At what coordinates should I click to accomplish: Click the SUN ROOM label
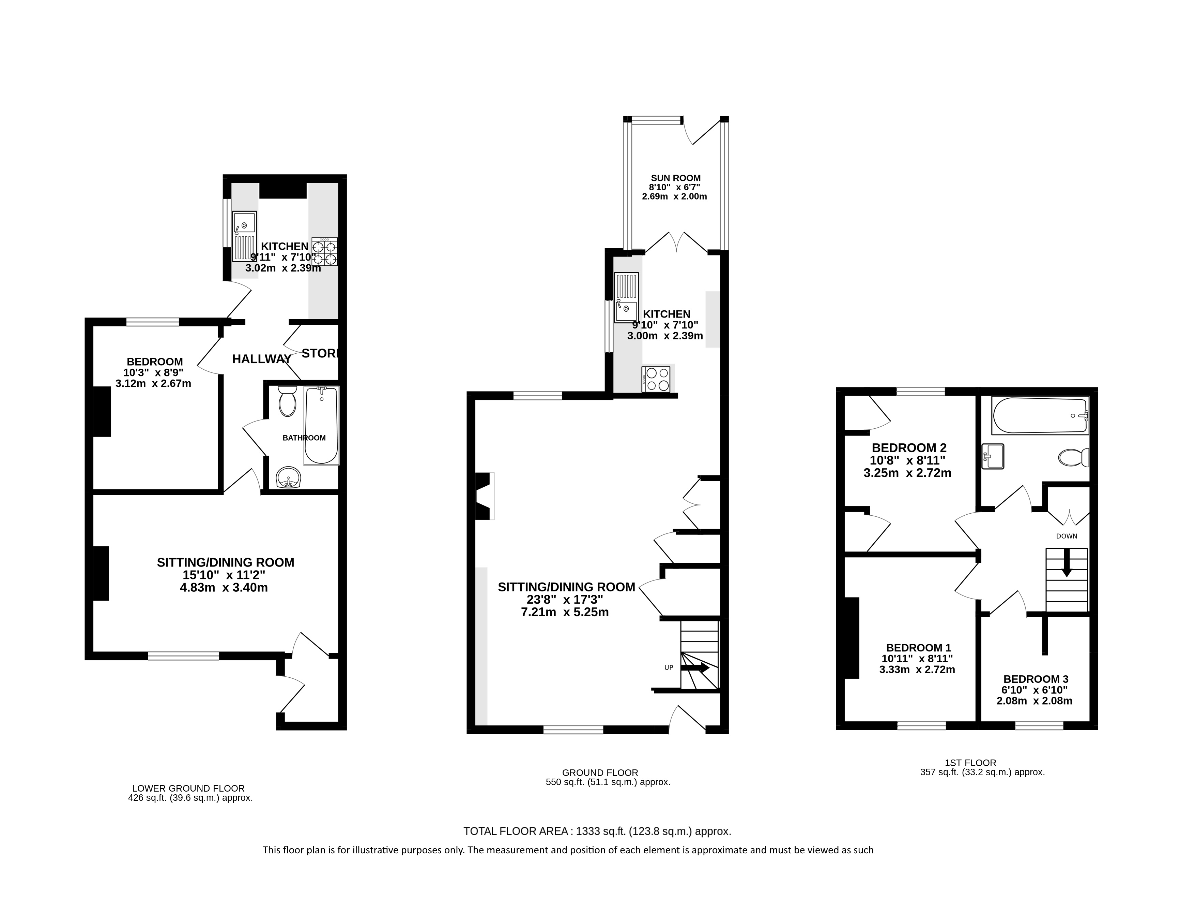(675, 178)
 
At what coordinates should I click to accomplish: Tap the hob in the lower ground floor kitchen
(325, 252)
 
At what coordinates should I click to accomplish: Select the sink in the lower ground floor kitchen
(244, 237)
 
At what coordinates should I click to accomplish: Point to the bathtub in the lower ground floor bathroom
(321, 426)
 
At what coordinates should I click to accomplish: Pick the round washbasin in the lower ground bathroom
(289, 477)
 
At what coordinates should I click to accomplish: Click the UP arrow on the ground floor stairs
(695, 668)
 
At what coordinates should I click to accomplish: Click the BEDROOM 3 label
(1036, 679)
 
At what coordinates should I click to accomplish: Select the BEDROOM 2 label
(909, 448)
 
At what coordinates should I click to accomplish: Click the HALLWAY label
(262, 359)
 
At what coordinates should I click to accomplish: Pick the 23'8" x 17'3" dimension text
(565, 600)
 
